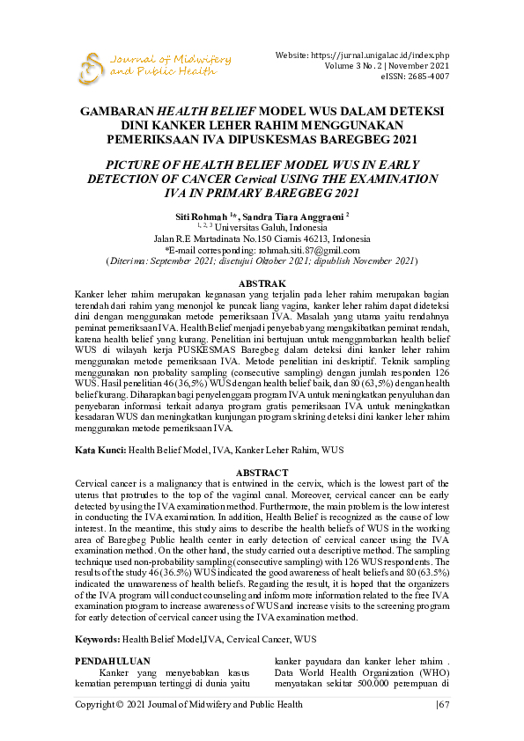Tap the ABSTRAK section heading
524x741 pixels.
262,282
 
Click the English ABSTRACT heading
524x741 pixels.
262,472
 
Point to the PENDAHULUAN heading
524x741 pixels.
112,660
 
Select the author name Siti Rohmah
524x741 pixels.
200,216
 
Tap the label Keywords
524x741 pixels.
97,638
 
